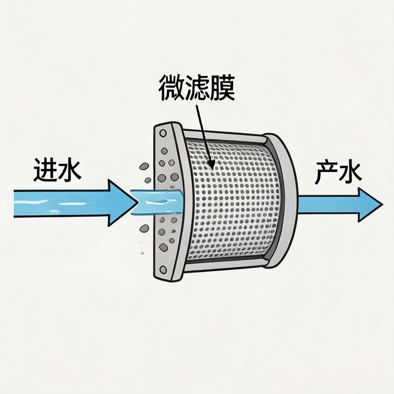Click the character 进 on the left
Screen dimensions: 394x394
(45, 170)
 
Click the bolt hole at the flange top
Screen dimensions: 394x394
(163, 134)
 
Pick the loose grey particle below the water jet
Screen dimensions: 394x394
(144, 229)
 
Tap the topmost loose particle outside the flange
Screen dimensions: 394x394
(144, 166)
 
